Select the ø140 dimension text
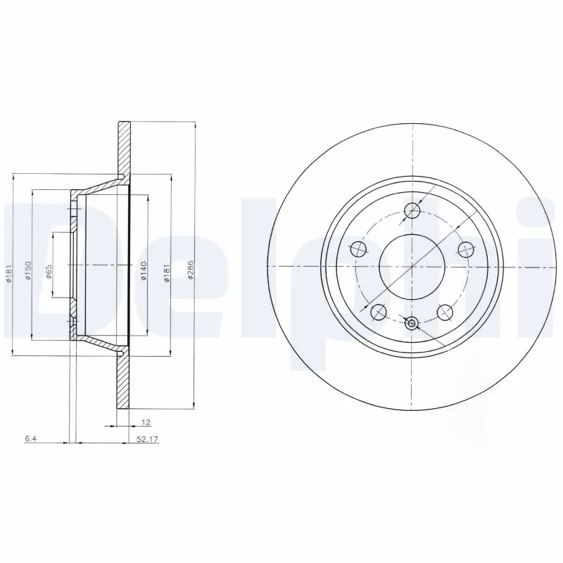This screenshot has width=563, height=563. click(143, 272)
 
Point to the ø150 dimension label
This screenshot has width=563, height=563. click(27, 271)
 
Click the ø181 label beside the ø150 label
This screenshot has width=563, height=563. click(8, 272)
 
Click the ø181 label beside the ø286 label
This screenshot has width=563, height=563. click(167, 272)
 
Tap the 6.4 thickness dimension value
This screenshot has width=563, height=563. click(30, 439)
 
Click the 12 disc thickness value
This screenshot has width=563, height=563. click(145, 422)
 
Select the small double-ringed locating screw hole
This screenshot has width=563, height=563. click(412, 323)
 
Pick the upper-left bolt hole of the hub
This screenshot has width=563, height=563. click(358, 248)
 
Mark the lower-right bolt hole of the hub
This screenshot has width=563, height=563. click(445, 311)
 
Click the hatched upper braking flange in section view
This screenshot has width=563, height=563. click(124, 148)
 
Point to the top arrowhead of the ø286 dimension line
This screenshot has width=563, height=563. click(194, 124)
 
